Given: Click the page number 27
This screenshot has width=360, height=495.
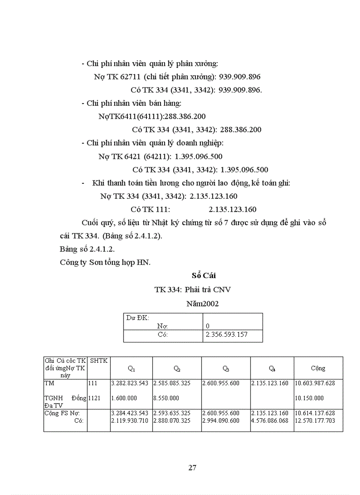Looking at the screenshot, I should pyautogui.click(x=192, y=468).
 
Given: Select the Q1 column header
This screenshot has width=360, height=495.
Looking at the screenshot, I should pyautogui.click(x=131, y=368).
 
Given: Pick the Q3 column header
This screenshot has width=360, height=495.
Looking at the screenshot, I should pyautogui.click(x=225, y=368).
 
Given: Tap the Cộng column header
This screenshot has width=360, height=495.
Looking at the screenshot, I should pyautogui.click(x=318, y=368).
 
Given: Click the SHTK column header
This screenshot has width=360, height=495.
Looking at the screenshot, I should pyautogui.click(x=98, y=361).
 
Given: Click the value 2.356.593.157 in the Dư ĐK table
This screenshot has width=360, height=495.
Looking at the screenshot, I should pyautogui.click(x=227, y=335).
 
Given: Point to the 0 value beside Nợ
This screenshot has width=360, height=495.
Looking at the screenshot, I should pyautogui.click(x=208, y=326).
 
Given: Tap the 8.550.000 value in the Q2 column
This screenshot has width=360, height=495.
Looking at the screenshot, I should pyautogui.click(x=167, y=398).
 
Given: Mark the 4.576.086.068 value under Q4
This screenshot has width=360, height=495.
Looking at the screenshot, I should pyautogui.click(x=270, y=421).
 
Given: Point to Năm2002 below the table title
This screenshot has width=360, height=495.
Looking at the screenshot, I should pyautogui.click(x=202, y=304).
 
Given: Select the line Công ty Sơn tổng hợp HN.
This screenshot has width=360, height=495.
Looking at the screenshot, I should pyautogui.click(x=105, y=262).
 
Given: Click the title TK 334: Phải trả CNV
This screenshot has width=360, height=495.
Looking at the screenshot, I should pyautogui.click(x=192, y=290).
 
